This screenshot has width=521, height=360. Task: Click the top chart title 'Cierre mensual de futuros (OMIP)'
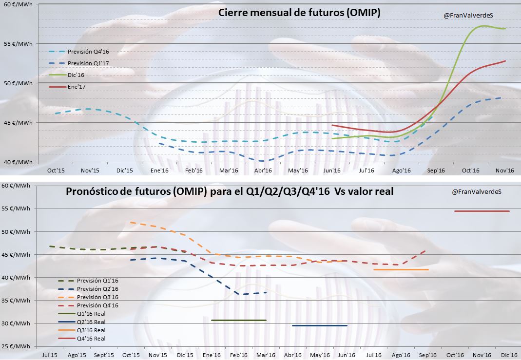click(299, 13)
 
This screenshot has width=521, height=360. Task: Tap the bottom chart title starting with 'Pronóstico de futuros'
click(230, 192)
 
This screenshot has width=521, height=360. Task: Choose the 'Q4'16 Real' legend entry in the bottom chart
click(91, 339)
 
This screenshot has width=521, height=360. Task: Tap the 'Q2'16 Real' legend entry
click(91, 322)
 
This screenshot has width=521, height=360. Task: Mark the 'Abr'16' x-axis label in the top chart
click(263, 171)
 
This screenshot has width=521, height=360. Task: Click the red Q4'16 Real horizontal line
click(482, 211)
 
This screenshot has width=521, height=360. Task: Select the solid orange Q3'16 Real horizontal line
click(401, 269)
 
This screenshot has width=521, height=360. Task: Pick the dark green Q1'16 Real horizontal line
click(239, 320)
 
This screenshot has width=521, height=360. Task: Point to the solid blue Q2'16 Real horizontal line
click(320, 325)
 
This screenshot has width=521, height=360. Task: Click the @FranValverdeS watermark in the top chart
click(468, 16)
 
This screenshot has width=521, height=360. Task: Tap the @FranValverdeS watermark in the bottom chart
click(477, 192)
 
